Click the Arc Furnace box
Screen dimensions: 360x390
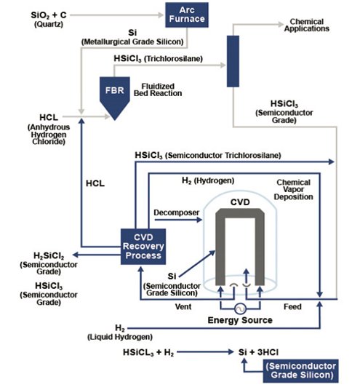click(187, 15)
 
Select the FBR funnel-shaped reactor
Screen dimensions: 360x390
click(115, 97)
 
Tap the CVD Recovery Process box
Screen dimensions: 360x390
click(143, 247)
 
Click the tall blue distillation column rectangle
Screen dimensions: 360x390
click(233, 61)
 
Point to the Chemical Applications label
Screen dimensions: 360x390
click(307, 25)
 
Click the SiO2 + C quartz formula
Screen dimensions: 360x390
click(49, 15)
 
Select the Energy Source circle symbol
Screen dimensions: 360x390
click(240, 309)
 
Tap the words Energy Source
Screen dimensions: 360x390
click(240, 320)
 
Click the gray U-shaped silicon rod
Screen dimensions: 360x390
click(240, 247)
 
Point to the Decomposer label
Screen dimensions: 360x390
click(177, 212)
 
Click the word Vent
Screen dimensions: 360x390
click(183, 306)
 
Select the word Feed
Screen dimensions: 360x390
click(292, 306)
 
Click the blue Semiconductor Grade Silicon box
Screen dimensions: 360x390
click(301, 371)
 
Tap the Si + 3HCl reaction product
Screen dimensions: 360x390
click(259, 352)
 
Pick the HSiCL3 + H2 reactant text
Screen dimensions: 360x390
click(148, 352)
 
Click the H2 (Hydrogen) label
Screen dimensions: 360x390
click(208, 181)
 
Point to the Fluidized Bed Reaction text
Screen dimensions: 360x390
click(158, 89)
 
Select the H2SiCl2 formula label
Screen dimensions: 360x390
click(49, 255)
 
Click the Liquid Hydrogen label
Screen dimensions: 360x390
click(120, 337)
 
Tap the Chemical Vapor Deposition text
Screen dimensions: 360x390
click(293, 189)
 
